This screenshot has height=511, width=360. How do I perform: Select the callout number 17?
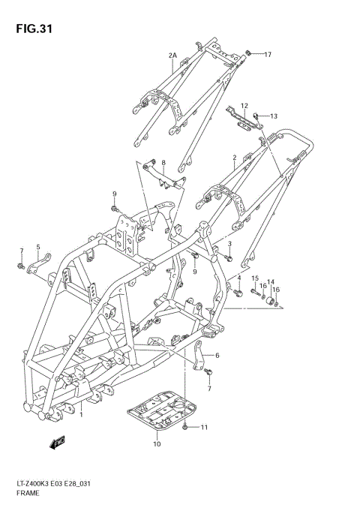click(x=268, y=55)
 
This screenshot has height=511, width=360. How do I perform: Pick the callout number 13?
click(x=274, y=116)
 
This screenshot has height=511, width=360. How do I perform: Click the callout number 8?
click(x=163, y=161)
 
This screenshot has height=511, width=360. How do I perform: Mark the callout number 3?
click(x=229, y=244)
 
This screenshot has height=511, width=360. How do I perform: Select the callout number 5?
click(x=38, y=257)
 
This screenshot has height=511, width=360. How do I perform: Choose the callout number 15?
click(x=255, y=279)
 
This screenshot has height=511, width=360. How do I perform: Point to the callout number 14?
click(x=271, y=281)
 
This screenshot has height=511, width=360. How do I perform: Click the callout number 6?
click(x=217, y=356)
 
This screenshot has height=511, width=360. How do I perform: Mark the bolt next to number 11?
click(x=185, y=427)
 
